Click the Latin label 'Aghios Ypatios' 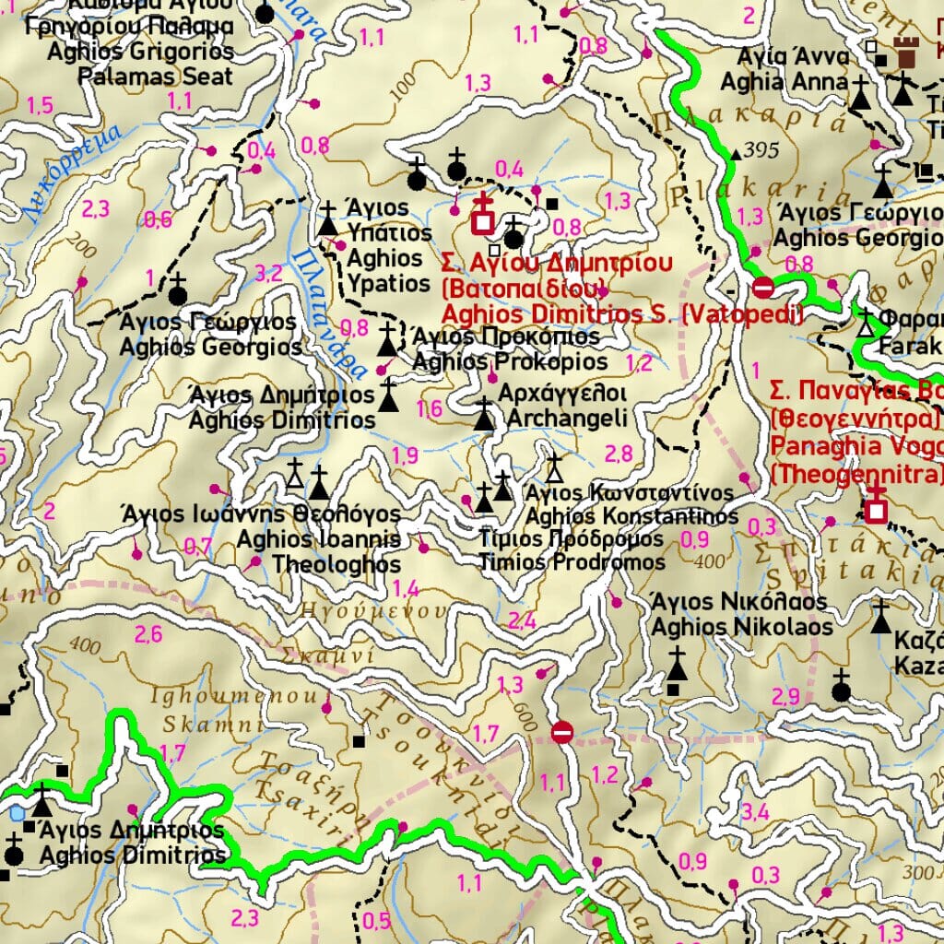[387, 270]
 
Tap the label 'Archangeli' [567, 419]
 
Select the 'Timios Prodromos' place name [572, 561]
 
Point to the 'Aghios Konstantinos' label [631, 516]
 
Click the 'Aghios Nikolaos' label [742, 628]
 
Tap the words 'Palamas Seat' [155, 76]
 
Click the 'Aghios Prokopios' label [510, 361]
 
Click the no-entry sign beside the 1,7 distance [562, 733]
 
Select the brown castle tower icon [907, 53]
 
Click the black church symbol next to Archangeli [484, 416]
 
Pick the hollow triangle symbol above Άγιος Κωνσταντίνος [554, 468]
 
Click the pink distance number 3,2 [268, 273]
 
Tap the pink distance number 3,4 [755, 812]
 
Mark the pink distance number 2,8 [619, 453]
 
